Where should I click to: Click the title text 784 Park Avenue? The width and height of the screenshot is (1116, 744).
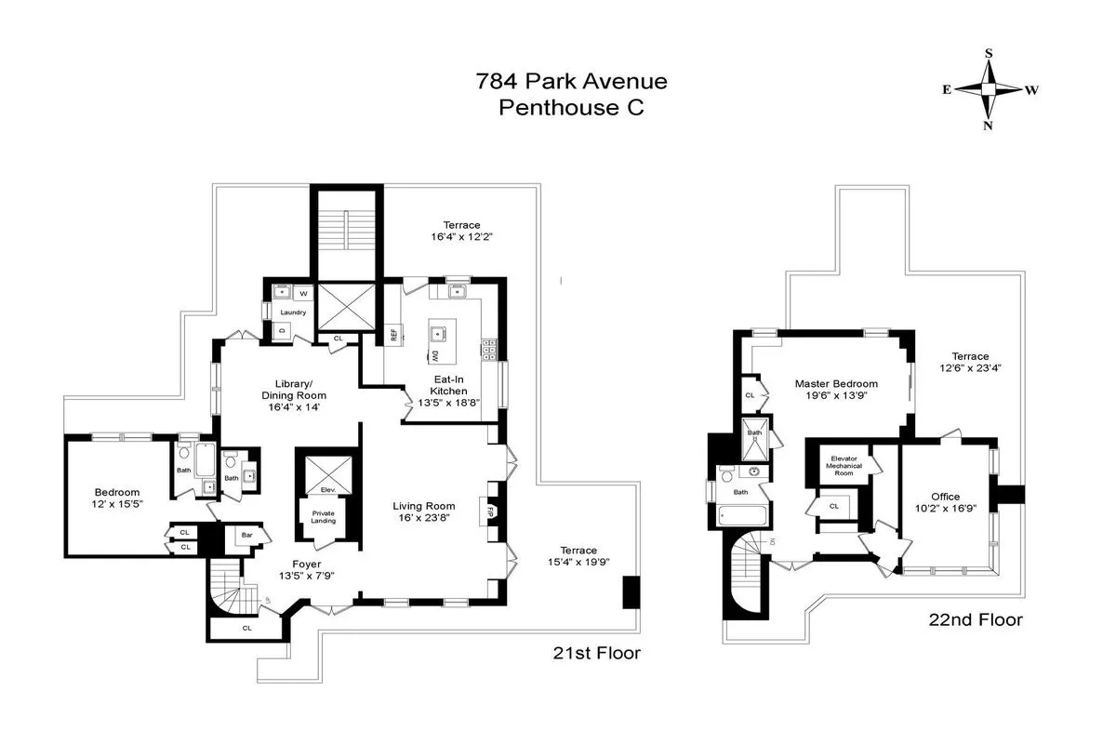coord(571,81)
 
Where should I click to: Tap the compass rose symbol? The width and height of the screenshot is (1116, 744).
coord(988,89)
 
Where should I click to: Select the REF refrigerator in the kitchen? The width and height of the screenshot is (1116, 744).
coord(394,336)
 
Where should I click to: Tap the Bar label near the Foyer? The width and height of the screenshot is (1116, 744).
coord(246,536)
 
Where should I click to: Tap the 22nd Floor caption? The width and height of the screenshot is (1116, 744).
coord(974,620)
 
